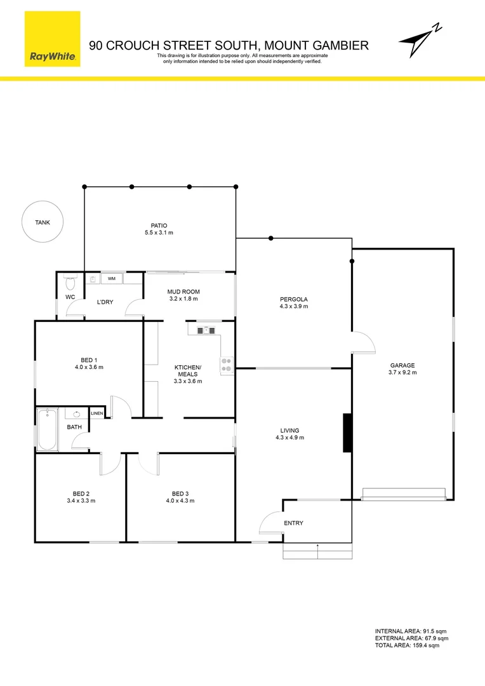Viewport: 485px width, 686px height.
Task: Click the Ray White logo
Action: [x=53, y=39]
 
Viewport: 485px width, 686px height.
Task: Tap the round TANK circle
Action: [x=42, y=222]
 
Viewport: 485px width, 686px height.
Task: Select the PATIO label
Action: [x=159, y=225]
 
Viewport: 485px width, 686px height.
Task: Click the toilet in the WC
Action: [x=70, y=279]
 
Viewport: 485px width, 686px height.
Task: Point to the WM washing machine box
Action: [x=111, y=278]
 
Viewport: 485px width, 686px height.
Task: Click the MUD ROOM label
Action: [x=183, y=292]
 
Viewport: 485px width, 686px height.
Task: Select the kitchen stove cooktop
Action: [x=227, y=364]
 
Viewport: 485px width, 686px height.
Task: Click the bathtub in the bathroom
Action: [x=48, y=430]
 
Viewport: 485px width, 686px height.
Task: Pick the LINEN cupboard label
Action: [x=96, y=414]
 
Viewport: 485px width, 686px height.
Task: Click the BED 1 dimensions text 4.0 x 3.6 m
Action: [x=88, y=367]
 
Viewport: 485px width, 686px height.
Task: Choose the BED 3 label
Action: [x=180, y=494]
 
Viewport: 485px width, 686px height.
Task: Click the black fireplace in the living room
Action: [x=347, y=433]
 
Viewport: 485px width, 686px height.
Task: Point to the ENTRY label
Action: [x=294, y=523]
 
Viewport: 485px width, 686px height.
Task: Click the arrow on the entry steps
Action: [x=317, y=551]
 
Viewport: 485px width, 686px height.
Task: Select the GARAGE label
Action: [x=402, y=365]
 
